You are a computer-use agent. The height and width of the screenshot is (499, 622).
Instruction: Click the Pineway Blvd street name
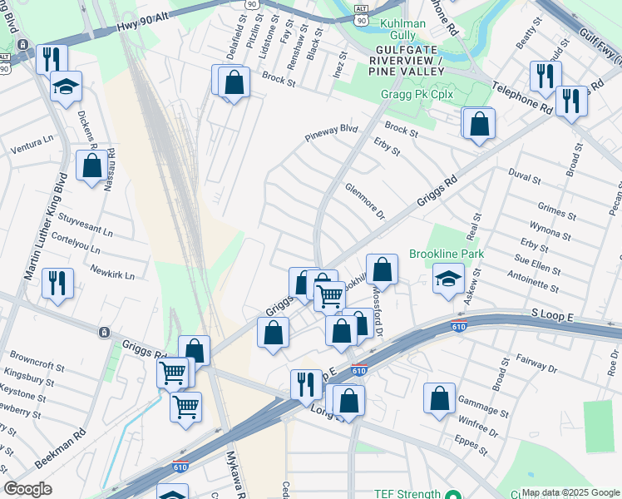(330, 133)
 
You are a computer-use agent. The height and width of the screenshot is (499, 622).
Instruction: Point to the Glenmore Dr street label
(365, 202)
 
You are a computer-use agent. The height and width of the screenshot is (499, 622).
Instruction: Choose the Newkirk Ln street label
(111, 271)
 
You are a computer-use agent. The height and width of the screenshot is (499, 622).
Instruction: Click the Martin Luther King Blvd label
(48, 224)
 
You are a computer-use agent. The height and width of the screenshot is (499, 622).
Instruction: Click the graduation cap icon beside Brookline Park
(449, 279)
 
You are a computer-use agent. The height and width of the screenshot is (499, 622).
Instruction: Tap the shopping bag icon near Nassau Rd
(91, 165)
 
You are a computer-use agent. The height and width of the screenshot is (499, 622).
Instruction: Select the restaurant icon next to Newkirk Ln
(57, 284)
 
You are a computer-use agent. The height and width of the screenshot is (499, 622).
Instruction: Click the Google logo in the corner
(28, 489)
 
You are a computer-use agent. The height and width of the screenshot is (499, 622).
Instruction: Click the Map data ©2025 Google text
(570, 492)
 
